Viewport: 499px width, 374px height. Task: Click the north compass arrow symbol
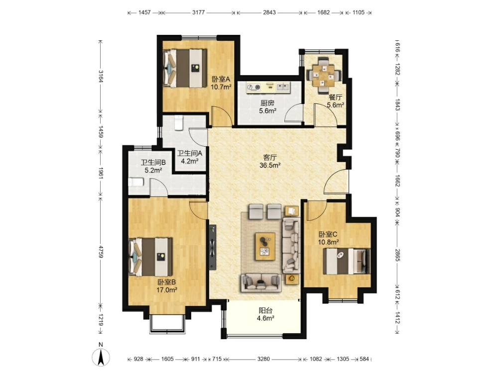point(101,357)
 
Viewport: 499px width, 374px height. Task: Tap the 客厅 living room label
point(270,157)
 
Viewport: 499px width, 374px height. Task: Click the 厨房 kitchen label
point(267,103)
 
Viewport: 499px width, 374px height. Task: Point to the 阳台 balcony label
point(265,310)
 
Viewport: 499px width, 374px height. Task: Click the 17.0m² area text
point(166,290)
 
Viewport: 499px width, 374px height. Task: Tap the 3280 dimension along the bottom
point(263,359)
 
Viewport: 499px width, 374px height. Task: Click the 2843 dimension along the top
point(269,13)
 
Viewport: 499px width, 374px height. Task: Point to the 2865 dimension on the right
point(397,255)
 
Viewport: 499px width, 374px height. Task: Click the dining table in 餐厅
point(324,76)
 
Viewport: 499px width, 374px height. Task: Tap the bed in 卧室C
point(347,261)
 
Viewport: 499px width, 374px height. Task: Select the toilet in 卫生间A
point(179,123)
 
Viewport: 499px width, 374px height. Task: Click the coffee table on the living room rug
point(265,247)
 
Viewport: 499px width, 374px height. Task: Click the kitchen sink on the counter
point(282,87)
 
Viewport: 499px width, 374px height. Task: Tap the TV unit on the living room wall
point(213,247)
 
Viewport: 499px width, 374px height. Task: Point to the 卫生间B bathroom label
point(153,163)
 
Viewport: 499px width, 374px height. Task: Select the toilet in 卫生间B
point(136,182)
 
